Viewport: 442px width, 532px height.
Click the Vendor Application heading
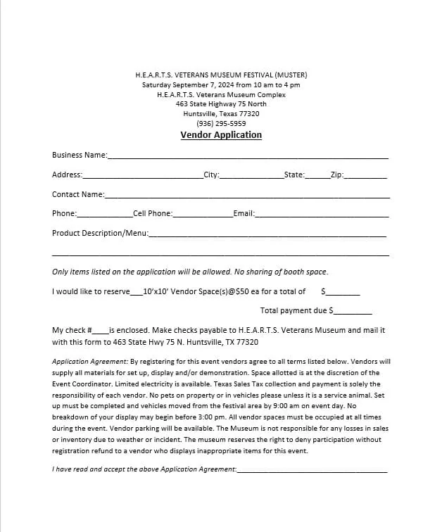(x=221, y=135)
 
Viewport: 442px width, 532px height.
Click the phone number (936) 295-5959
(x=221, y=124)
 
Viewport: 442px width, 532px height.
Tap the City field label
(x=211, y=175)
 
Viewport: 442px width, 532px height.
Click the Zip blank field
(x=365, y=176)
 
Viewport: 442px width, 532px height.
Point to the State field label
(x=293, y=175)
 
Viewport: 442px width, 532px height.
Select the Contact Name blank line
(x=246, y=196)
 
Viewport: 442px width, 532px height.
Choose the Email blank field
(x=322, y=215)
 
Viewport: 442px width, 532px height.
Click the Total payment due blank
(x=353, y=312)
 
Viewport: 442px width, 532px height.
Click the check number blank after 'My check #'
(x=101, y=331)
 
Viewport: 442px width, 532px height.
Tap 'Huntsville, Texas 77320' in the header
(x=221, y=114)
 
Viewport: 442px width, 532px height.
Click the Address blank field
(x=143, y=176)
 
